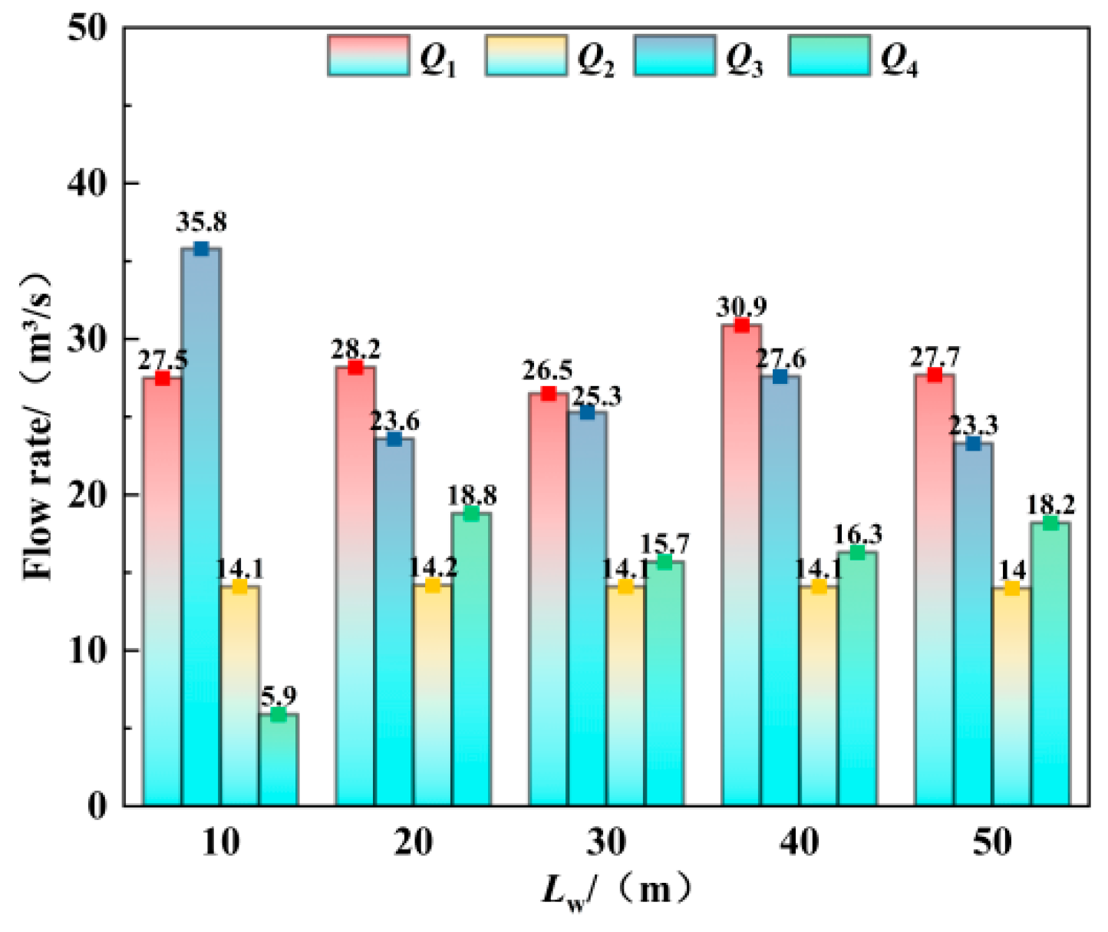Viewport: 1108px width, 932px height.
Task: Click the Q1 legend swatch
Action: (368, 55)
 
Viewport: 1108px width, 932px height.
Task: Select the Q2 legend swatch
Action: (526, 55)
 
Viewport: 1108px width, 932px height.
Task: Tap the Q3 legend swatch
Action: (674, 55)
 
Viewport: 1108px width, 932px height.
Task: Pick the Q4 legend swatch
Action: (829, 55)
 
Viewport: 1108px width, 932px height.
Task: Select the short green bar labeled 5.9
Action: (279, 760)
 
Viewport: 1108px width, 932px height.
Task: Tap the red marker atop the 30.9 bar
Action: (742, 325)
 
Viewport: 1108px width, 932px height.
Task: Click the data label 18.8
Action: (472, 495)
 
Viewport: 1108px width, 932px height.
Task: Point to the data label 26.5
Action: (548, 371)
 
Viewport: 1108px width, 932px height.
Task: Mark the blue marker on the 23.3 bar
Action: (973, 444)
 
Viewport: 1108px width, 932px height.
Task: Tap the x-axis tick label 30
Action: (606, 842)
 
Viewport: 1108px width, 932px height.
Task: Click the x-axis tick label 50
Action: (992, 842)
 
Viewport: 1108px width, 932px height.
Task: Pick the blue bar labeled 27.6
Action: (780, 591)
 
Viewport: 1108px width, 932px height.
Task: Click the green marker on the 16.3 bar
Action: (857, 553)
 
